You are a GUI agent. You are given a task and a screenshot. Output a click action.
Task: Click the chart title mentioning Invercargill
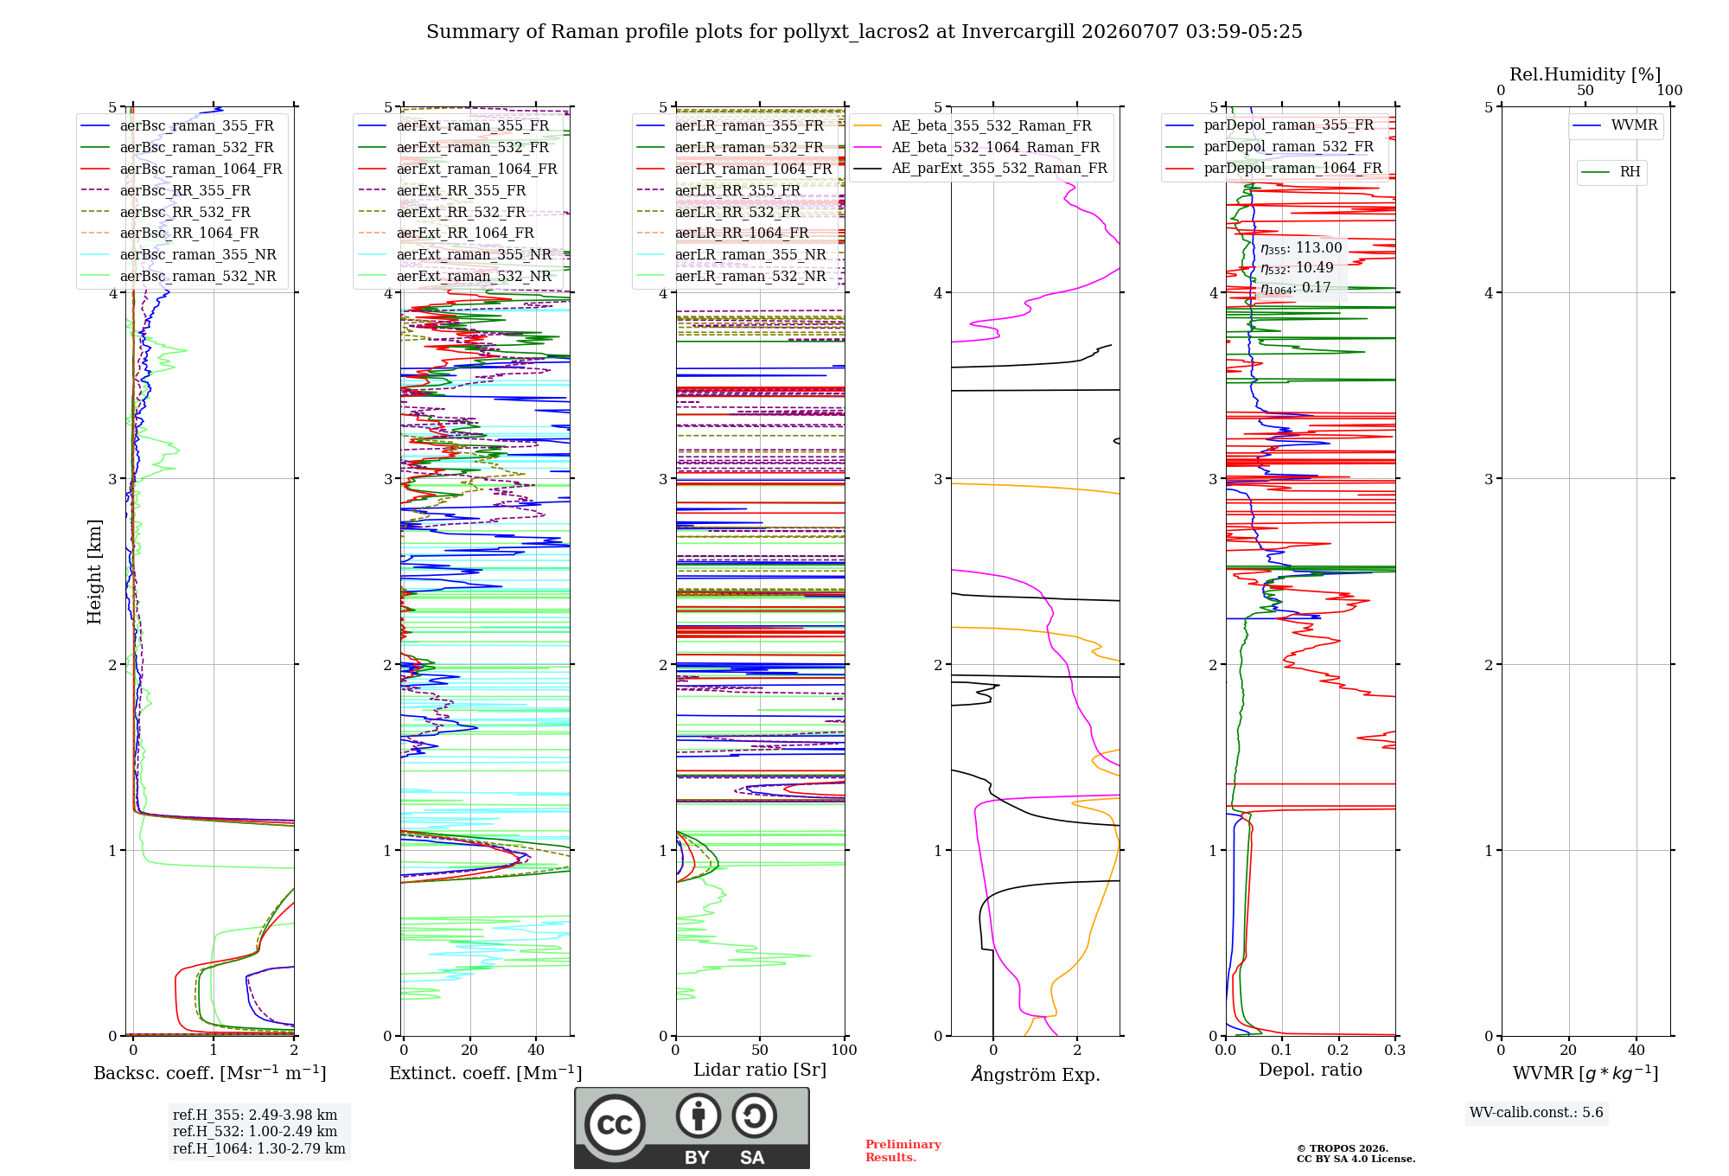click(x=864, y=32)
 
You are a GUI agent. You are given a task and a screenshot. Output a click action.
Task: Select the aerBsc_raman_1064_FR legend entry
click(x=182, y=169)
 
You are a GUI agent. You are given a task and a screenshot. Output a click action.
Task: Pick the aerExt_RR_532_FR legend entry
click(x=442, y=212)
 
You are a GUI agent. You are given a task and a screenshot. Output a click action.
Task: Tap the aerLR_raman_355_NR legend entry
click(x=731, y=254)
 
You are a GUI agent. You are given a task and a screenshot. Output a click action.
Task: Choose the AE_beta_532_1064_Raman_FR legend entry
click(x=977, y=147)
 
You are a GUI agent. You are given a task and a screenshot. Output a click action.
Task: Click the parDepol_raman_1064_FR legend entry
click(x=1273, y=168)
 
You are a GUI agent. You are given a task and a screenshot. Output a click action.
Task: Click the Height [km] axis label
click(x=94, y=572)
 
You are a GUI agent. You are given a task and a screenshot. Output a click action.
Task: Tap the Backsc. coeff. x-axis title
click(x=210, y=1073)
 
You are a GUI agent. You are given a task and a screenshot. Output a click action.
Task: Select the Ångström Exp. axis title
click(x=1036, y=1074)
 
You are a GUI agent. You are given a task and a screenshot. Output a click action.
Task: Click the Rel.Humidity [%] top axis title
click(x=1585, y=74)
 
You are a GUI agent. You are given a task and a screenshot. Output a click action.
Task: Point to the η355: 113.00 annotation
click(x=1301, y=248)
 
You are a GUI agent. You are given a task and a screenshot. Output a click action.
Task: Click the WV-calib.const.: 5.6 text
click(x=1536, y=1113)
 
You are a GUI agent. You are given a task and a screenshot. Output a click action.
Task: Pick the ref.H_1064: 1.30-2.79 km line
click(x=259, y=1149)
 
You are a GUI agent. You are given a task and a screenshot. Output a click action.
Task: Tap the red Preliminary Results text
click(x=903, y=1151)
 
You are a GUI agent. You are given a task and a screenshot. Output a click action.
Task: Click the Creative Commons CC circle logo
click(x=615, y=1124)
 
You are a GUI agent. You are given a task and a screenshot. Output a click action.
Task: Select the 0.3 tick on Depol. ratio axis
click(x=1394, y=1050)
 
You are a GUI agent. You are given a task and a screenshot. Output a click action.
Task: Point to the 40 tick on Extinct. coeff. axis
click(x=536, y=1050)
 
